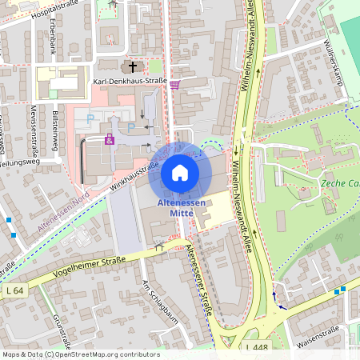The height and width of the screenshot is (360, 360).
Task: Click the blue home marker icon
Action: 180,173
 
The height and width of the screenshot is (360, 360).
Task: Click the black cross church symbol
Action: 133,66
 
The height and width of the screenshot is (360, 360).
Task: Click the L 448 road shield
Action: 256,346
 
